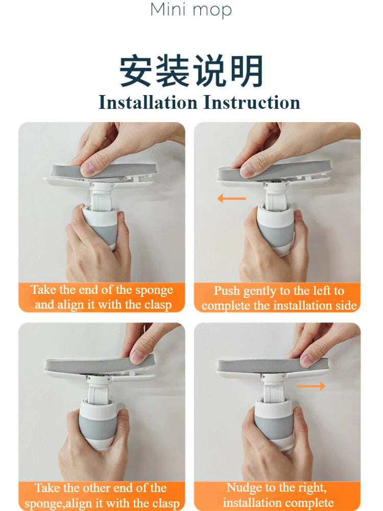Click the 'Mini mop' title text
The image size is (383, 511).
point(191,10)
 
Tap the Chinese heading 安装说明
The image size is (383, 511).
point(192,71)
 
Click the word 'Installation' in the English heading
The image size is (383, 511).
point(148,102)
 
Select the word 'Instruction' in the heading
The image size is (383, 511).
point(252,102)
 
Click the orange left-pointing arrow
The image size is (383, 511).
point(231,198)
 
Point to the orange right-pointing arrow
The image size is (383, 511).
point(310,386)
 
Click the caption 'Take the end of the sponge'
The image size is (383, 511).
point(102,290)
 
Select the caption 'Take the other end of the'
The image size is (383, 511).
point(101,488)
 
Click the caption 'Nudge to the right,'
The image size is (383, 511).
point(276,487)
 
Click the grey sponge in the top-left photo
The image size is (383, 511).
point(104,171)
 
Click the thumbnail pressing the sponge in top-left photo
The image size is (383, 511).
point(88,169)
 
